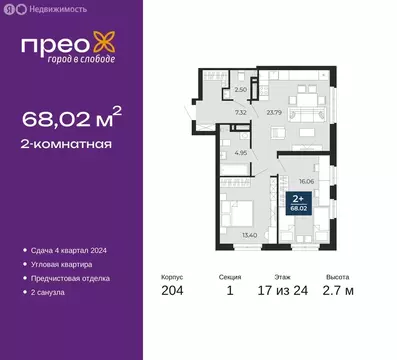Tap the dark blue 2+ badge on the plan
pos(298,204)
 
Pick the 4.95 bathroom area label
pos(241,153)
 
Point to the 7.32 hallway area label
pos(241,112)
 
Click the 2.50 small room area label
pos(240,91)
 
